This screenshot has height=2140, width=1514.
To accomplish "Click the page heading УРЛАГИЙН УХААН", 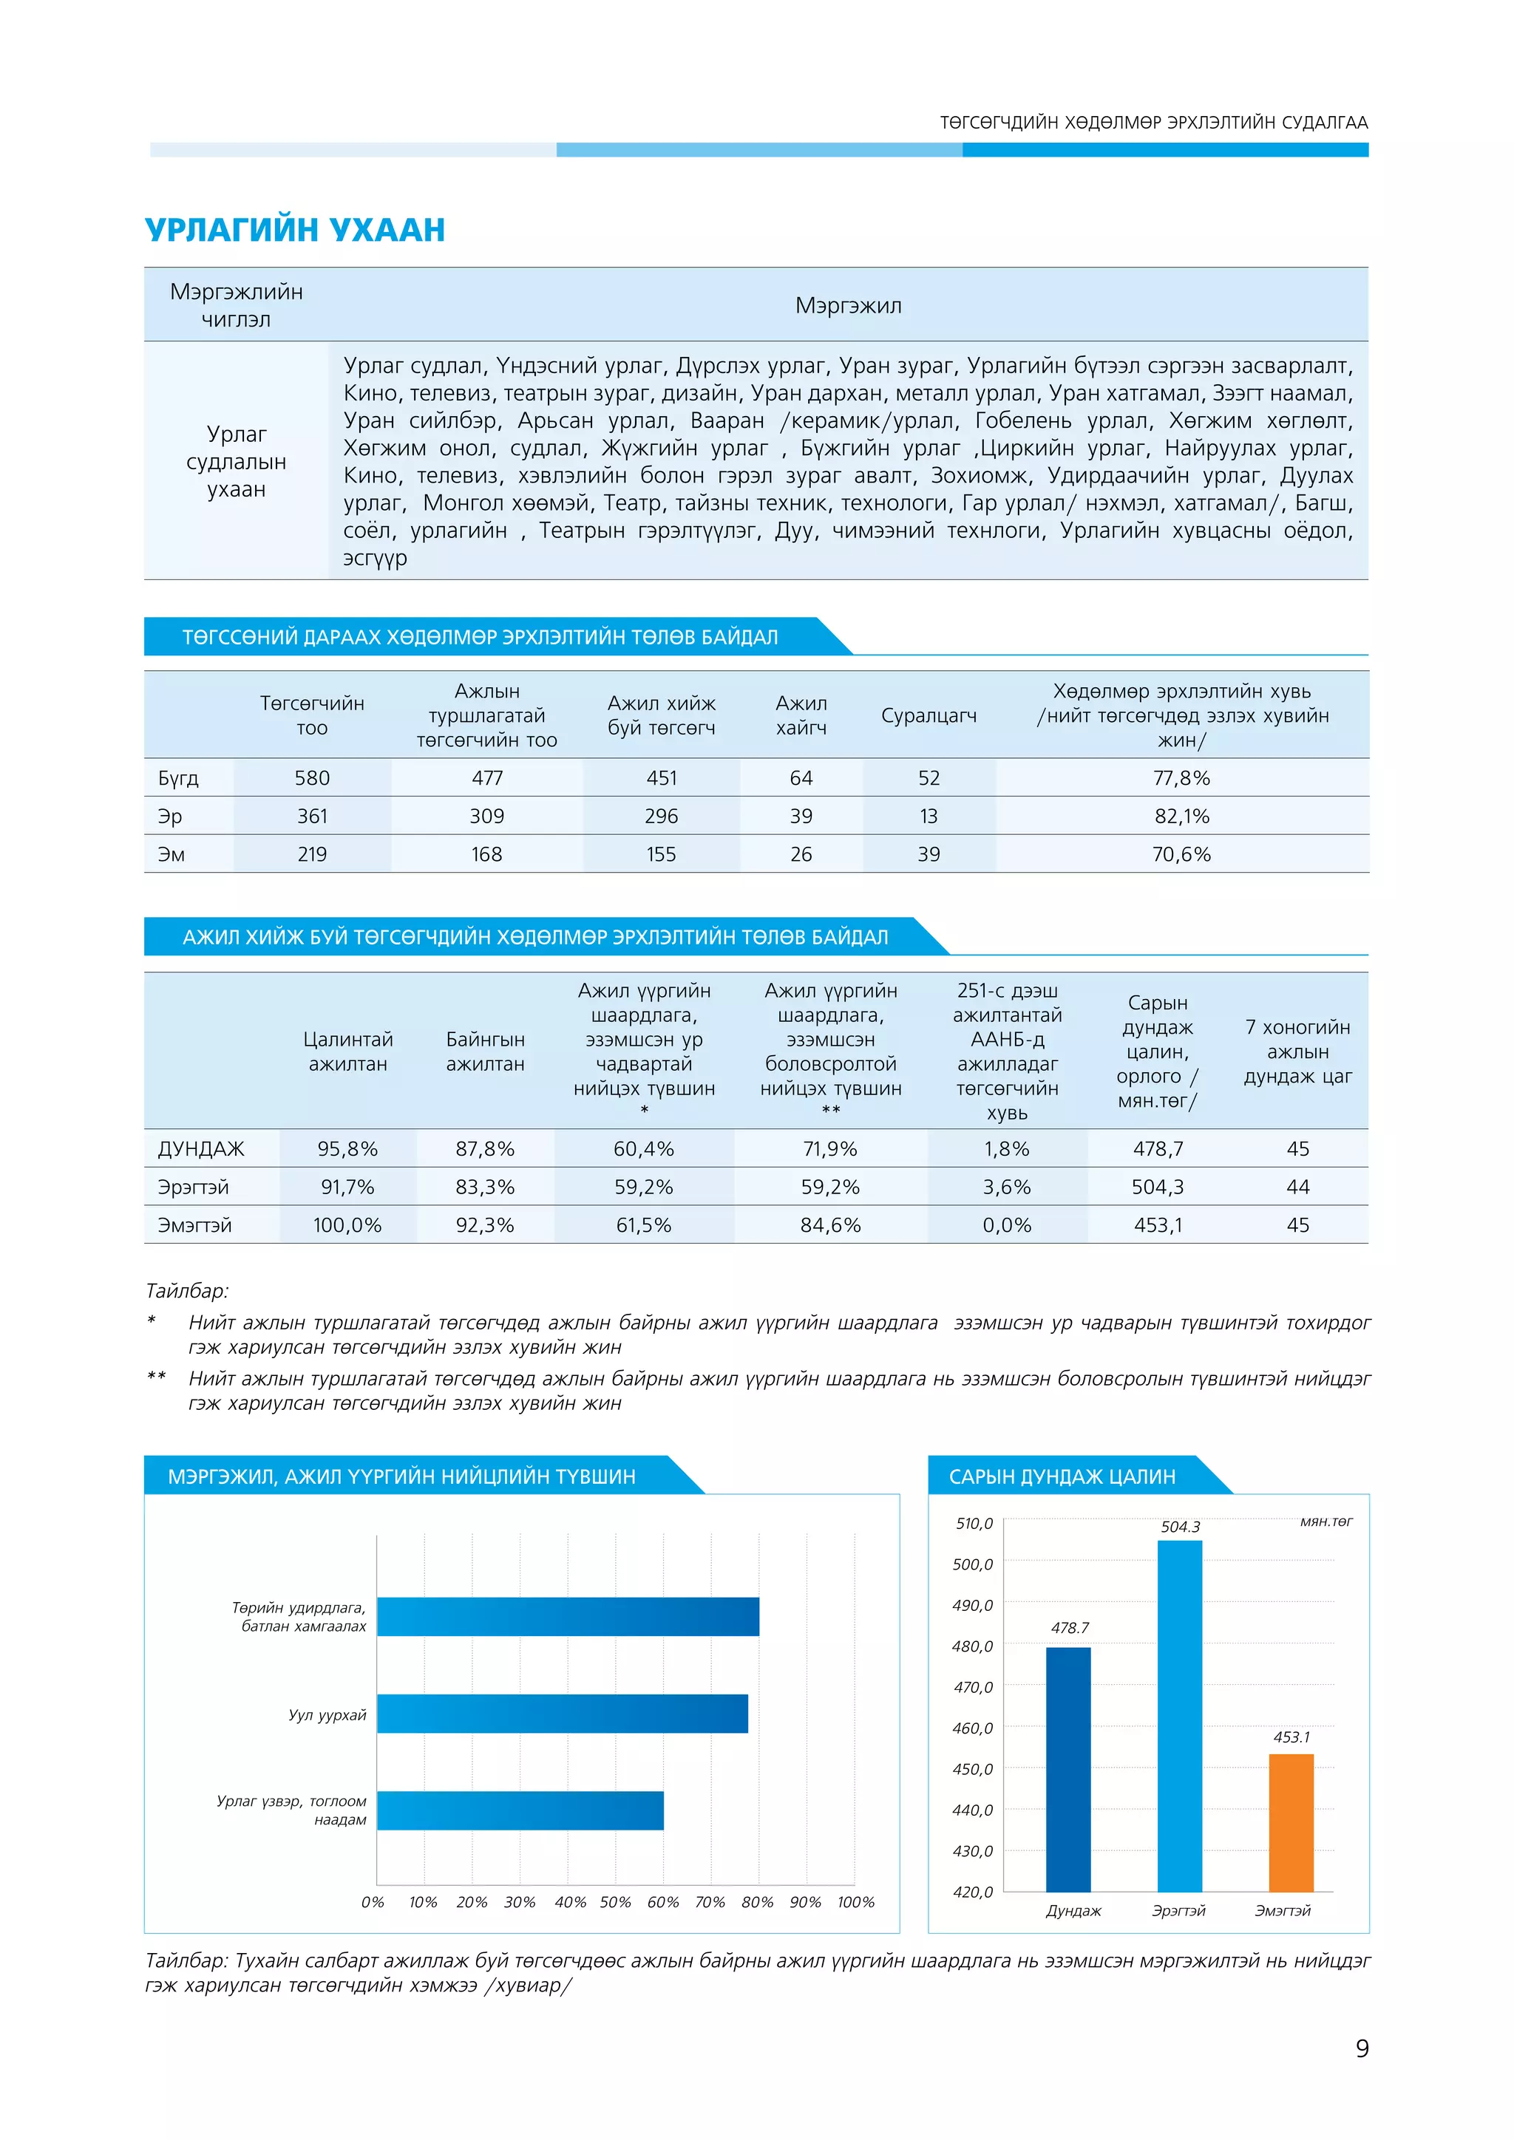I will (x=295, y=229).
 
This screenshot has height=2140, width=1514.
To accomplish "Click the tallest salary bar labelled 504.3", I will (x=1179, y=1715).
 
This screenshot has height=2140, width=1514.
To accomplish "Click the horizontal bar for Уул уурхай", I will (x=562, y=1713).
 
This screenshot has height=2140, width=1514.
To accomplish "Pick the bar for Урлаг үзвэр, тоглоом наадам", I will (x=520, y=1810).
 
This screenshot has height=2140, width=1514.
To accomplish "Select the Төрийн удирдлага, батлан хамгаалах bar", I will (x=568, y=1616).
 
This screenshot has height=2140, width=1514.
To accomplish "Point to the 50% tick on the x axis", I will (x=615, y=1902).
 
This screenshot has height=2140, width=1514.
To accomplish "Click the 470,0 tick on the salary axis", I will (x=972, y=1687).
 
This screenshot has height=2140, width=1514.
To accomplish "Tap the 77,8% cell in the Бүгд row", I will (x=1181, y=778).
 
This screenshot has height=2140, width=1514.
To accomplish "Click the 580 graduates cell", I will (x=312, y=778).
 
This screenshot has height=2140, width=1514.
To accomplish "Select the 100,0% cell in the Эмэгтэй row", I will (x=347, y=1224).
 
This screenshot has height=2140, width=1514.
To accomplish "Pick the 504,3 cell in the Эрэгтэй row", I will (x=1158, y=1187).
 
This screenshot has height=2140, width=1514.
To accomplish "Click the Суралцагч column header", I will (x=929, y=716).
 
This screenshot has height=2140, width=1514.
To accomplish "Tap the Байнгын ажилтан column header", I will (x=485, y=1052).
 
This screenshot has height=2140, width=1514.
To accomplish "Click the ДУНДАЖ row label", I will (x=201, y=1149).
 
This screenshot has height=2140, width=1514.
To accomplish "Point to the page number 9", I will (x=1362, y=2048).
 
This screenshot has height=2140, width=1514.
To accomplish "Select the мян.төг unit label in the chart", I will (x=1325, y=1521).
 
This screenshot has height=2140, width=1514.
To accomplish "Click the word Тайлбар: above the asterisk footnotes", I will (x=187, y=1291).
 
